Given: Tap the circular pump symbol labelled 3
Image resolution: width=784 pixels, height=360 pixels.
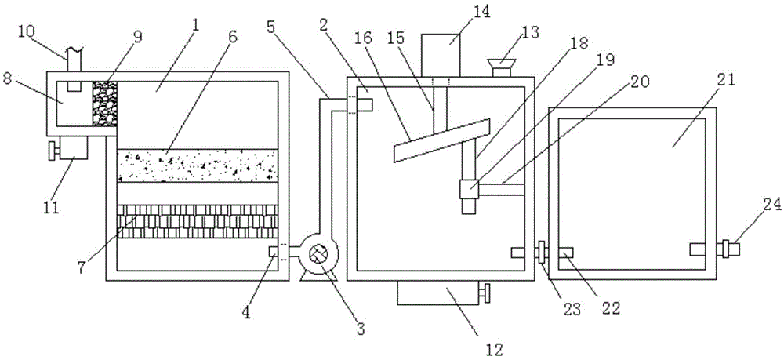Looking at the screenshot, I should (x=319, y=254).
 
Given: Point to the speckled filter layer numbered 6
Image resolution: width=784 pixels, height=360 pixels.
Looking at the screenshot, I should (x=198, y=165).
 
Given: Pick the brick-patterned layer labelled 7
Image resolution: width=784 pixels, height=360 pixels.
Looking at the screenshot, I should (x=198, y=222).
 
